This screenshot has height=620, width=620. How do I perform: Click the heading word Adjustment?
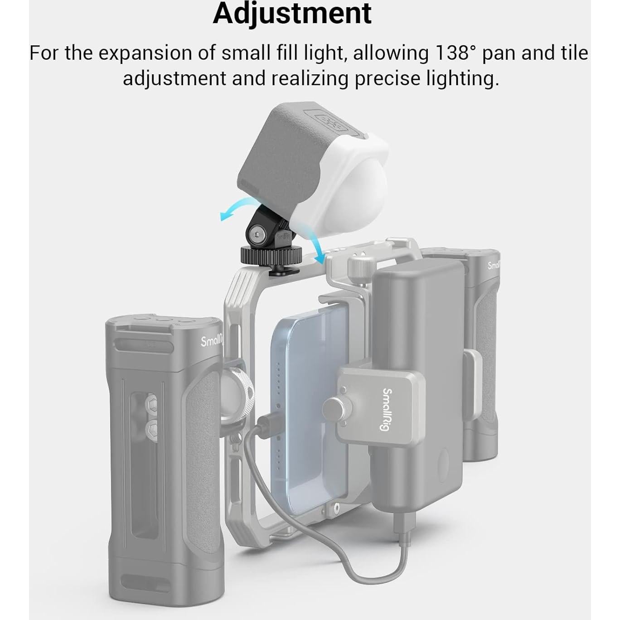[x=292, y=14]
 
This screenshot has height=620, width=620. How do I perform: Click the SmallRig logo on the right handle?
[x=493, y=266]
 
